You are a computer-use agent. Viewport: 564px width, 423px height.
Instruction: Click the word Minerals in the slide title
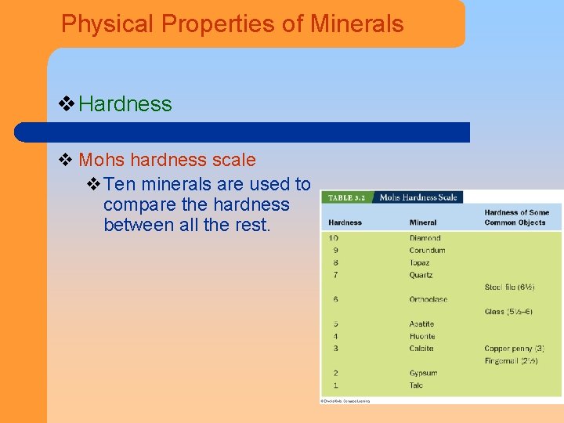click(356, 23)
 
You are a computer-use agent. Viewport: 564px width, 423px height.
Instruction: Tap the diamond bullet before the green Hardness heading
click(67, 103)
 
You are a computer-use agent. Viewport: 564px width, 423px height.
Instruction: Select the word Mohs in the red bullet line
click(102, 160)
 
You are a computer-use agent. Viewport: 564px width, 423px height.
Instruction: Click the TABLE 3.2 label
click(346, 197)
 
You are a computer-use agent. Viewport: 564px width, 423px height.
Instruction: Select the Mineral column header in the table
click(423, 222)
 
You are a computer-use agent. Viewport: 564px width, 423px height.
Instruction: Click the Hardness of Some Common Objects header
click(516, 217)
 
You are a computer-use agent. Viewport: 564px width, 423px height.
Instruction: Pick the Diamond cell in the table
click(425, 238)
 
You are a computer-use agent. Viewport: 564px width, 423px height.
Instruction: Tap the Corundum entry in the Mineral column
click(427, 251)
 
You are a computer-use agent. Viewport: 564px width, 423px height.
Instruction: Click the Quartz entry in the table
click(421, 275)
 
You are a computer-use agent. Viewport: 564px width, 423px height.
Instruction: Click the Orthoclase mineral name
click(428, 299)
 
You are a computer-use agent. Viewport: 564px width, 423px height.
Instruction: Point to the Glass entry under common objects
click(508, 312)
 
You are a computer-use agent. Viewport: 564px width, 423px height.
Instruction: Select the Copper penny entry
click(514, 349)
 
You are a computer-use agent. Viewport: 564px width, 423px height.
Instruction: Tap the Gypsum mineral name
click(423, 373)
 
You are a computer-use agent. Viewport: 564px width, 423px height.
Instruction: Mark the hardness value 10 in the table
click(334, 238)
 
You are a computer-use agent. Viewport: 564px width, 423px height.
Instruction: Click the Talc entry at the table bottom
click(416, 385)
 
